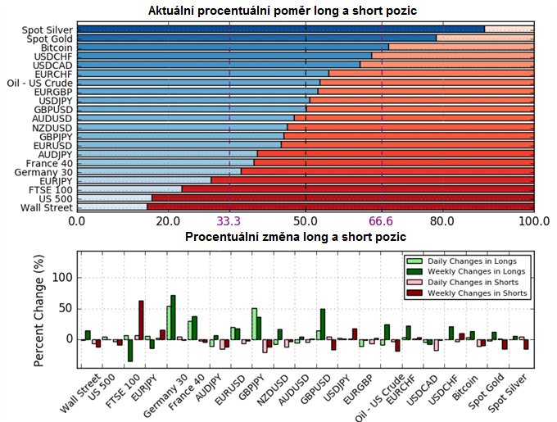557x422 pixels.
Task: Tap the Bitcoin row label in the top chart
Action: tap(56, 48)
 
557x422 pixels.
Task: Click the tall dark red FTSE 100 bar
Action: tap(141, 320)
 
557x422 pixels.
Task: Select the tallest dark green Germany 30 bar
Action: tap(173, 317)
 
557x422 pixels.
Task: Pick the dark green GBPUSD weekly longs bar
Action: tap(323, 324)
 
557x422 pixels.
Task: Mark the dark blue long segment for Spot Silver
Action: tap(278, 29)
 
